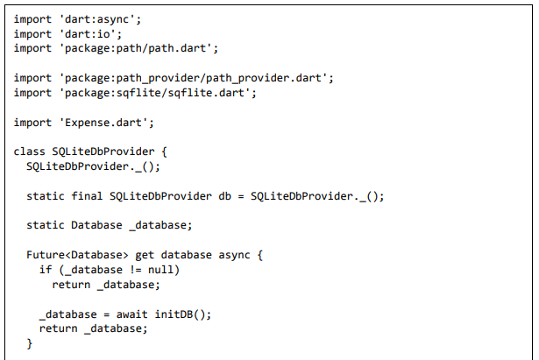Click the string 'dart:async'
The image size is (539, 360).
point(96,19)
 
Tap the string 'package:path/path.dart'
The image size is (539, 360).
point(135,48)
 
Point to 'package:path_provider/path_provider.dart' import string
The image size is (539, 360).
point(193,78)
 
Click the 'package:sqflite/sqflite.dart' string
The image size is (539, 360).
point(154,93)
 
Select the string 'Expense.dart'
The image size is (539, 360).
point(103,123)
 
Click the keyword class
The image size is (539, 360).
point(29,152)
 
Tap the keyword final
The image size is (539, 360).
point(87,196)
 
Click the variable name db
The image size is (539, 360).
point(225,196)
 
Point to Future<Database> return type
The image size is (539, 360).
point(77,255)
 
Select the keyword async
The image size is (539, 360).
point(234,255)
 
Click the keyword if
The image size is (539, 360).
point(46,270)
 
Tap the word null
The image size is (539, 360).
point(160,270)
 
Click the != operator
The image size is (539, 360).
point(135,270)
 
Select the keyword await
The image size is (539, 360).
point(132,314)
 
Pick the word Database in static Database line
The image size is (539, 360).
point(96,225)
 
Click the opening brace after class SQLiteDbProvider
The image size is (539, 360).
point(164,152)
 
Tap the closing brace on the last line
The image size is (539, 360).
point(30,343)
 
